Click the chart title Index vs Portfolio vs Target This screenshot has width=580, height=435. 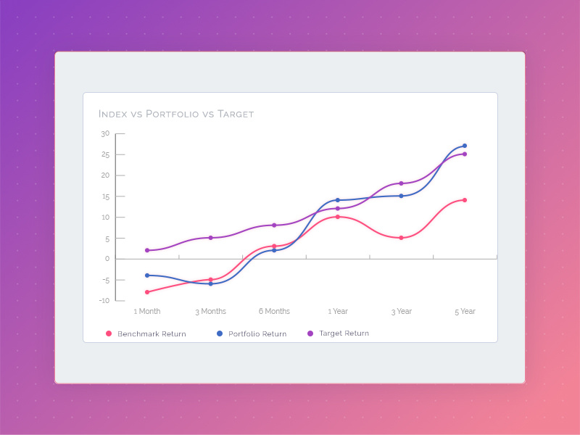[x=176, y=114]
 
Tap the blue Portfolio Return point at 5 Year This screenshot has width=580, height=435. [x=465, y=146]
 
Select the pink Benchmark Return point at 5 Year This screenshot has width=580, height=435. [x=465, y=200]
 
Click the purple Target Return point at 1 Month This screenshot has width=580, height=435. [x=147, y=250]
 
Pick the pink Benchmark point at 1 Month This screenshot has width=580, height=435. [x=147, y=292]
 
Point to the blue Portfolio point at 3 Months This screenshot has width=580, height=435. [x=211, y=283]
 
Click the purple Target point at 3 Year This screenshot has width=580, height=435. [x=401, y=183]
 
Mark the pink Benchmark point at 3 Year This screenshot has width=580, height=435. [x=401, y=238]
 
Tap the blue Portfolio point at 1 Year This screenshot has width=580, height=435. [x=338, y=200]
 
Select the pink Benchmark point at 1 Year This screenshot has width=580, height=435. [x=338, y=217]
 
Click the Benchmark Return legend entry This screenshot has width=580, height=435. [x=152, y=334]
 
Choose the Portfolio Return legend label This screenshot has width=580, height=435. [x=257, y=334]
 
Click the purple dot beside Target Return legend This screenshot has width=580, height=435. [x=310, y=333]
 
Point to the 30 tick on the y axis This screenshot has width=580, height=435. [x=105, y=133]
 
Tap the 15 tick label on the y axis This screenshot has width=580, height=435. [x=105, y=196]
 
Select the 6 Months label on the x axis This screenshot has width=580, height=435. [x=274, y=311]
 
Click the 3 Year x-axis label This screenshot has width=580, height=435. [x=401, y=311]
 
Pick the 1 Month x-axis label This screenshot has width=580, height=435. [x=147, y=311]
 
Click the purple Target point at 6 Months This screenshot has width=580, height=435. [x=274, y=225]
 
